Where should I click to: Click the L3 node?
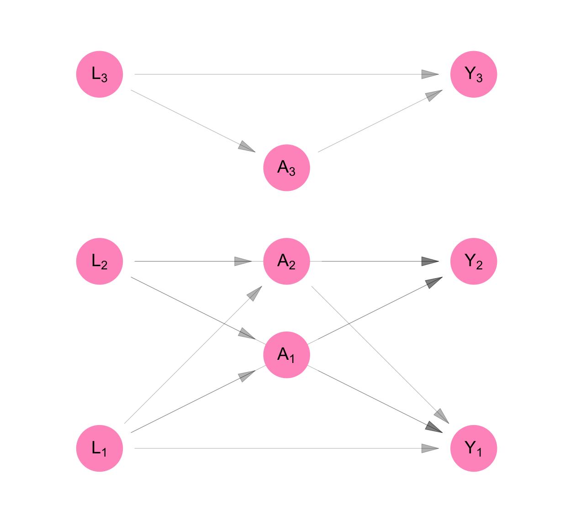[100, 74]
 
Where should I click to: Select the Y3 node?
[474, 74]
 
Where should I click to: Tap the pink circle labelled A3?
[286, 168]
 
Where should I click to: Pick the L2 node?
[100, 261]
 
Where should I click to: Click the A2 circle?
[286, 261]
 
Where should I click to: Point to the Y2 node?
[474, 261]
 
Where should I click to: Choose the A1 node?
[286, 355]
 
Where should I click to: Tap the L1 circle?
[100, 448]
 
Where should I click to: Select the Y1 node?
[474, 448]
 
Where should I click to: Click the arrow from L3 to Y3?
[283, 74]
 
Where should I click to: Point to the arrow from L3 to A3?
[192, 120]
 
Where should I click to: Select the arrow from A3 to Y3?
[379, 121]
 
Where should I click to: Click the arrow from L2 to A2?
[192, 261]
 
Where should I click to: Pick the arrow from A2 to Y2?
[375, 261]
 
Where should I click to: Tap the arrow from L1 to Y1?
[283, 448]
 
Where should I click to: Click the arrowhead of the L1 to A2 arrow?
[254, 293]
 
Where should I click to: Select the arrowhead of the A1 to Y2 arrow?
[433, 282]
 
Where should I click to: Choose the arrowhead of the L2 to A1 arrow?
[247, 334]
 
